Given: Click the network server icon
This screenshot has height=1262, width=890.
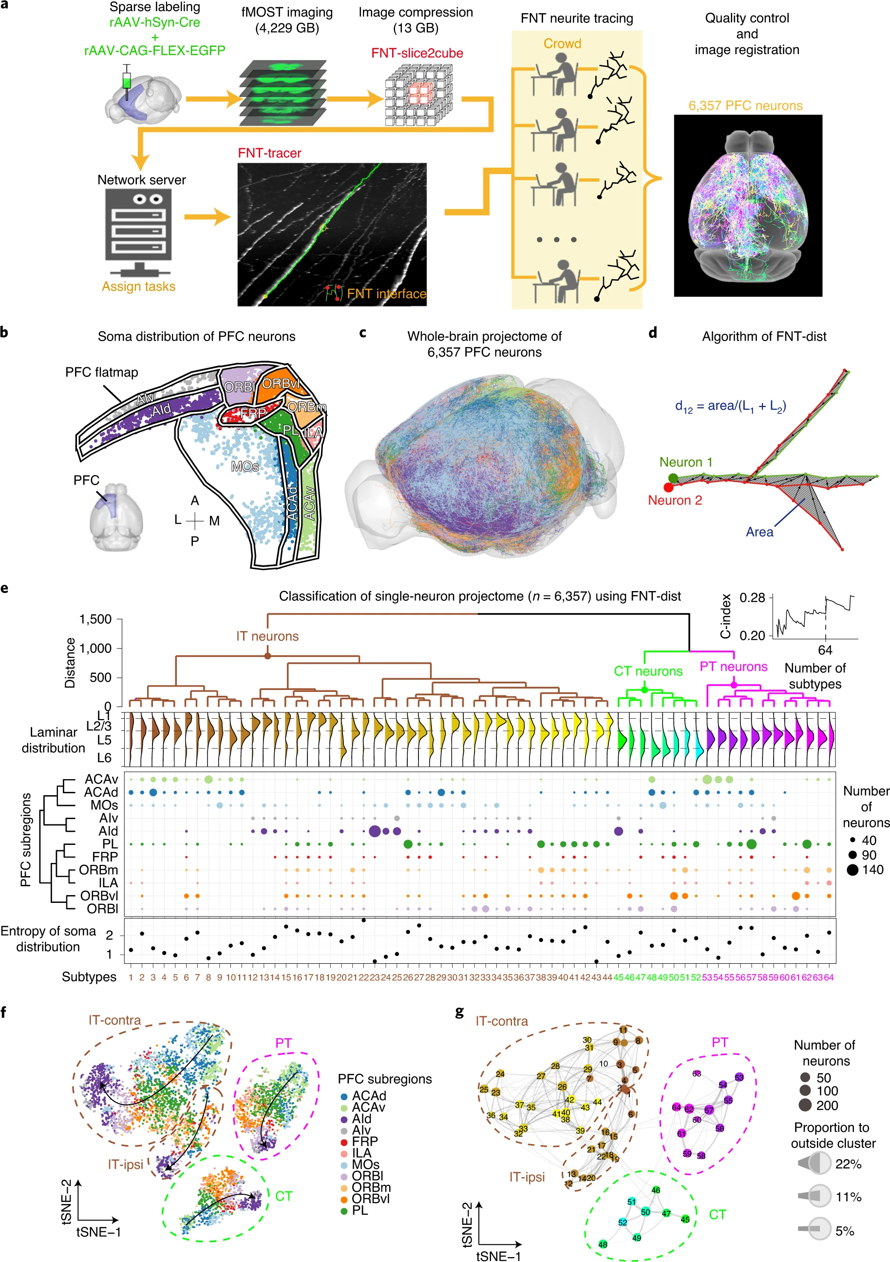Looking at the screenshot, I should tap(138, 231).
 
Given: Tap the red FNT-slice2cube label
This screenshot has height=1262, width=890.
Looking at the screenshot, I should tap(417, 53).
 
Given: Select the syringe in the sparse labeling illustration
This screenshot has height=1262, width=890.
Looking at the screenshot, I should tap(128, 81).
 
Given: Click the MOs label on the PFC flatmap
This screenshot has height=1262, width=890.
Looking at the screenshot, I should tap(245, 467).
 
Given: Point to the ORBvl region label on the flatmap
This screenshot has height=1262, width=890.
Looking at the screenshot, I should tap(281, 383).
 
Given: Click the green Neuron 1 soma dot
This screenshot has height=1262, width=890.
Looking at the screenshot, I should tap(673, 478).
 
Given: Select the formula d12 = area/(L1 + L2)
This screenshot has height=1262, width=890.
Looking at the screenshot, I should tap(730, 406).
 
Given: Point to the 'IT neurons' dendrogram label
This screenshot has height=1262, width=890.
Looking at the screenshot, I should tap(267, 636).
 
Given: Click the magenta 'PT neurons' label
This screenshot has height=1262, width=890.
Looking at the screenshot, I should tap(734, 667).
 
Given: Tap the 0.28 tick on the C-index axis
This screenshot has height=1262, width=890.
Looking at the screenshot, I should tap(752, 597).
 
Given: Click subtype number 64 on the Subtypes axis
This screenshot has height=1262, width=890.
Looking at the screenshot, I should tap(829, 977).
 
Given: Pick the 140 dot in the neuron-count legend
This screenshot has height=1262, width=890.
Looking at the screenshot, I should tap(852, 870).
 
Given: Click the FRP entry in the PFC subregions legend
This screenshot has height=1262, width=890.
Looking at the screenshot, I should tap(365, 1141).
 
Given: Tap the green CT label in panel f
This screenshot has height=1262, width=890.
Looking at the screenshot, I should tap(284, 1196).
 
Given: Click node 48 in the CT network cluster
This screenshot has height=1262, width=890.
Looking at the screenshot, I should tap(603, 1244).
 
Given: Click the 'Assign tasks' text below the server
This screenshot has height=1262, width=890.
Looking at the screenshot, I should tap(138, 287).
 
